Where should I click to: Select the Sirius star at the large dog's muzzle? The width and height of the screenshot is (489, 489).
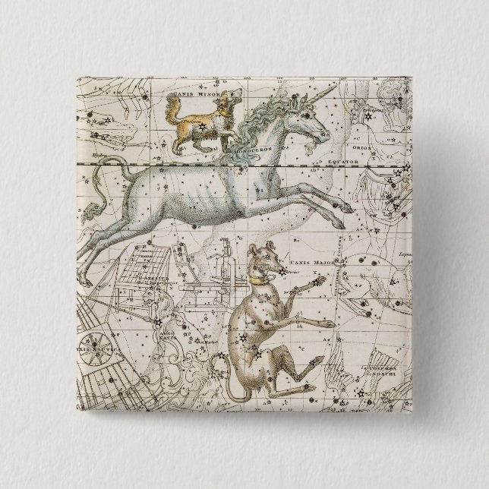(x=282, y=270)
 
